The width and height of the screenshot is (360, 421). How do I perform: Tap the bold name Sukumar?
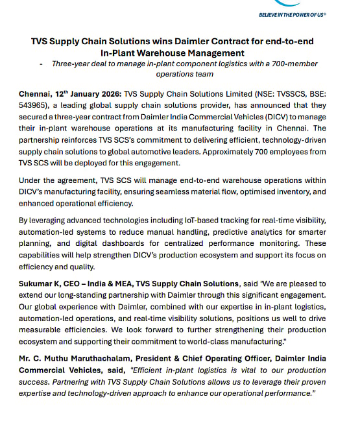pos(38,283)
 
